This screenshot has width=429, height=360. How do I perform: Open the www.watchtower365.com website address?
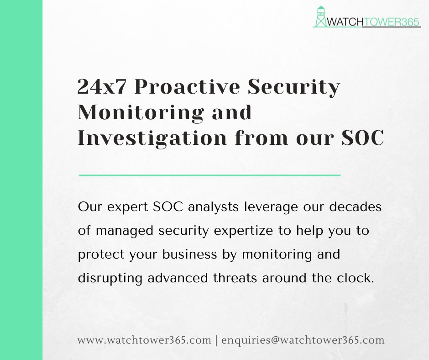(x=144, y=340)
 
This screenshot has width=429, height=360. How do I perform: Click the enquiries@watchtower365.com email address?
(x=303, y=340)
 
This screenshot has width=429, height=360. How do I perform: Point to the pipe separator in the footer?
(x=216, y=340)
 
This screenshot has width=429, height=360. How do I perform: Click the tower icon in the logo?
(x=321, y=17)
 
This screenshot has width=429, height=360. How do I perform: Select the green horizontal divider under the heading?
(x=210, y=175)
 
